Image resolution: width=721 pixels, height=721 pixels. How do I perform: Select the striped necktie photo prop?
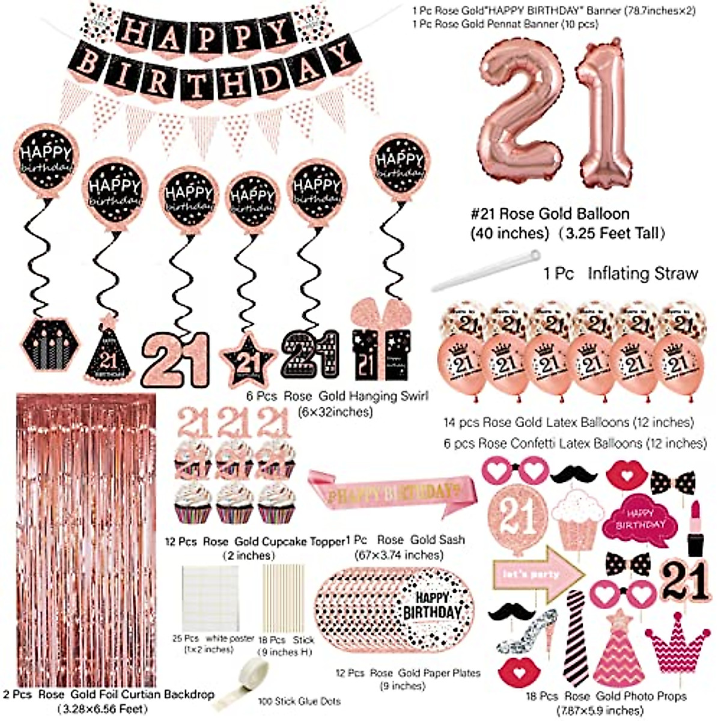click(x=576, y=637)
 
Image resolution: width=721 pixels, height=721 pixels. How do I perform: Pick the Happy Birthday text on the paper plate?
click(x=432, y=606)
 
